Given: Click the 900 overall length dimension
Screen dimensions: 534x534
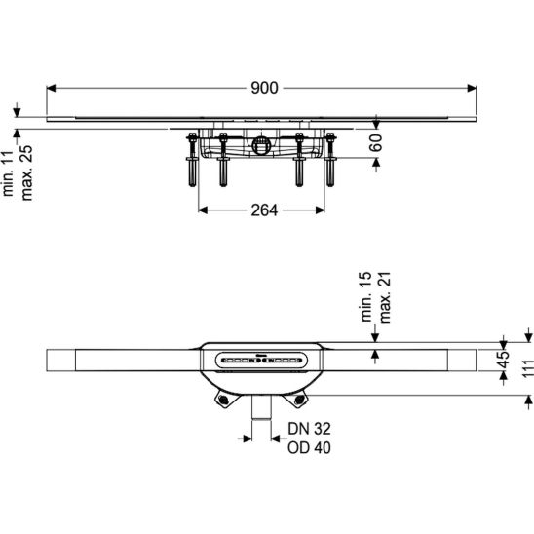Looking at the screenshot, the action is pyautogui.click(x=264, y=88).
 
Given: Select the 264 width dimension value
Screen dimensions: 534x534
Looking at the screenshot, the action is pyautogui.click(x=264, y=210).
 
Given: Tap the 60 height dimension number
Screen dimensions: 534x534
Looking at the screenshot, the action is pyautogui.click(x=376, y=142).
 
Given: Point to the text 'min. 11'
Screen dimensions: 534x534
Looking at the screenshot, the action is pyautogui.click(x=8, y=173).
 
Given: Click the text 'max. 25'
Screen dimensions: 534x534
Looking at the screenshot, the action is pyautogui.click(x=26, y=173).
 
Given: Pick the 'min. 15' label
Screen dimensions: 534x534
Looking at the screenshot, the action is pyautogui.click(x=366, y=296).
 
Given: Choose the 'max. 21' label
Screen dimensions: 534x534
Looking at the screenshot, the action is pyautogui.click(x=385, y=297).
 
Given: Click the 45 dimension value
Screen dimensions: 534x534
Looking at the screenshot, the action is pyautogui.click(x=504, y=360).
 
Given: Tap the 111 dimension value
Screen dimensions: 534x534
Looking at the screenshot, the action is pyautogui.click(x=528, y=368).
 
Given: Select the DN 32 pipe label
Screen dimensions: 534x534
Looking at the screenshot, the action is pyautogui.click(x=309, y=429).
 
